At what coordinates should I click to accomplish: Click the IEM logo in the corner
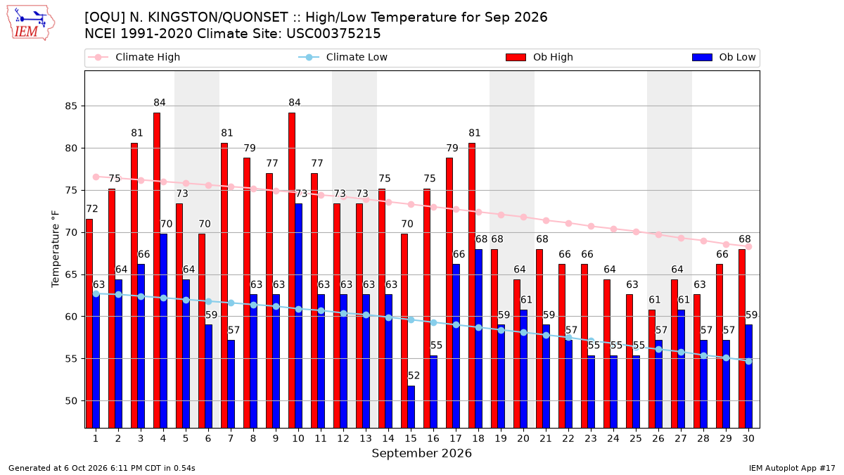30,23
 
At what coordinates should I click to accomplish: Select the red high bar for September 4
157,270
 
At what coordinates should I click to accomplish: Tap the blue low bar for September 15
411,407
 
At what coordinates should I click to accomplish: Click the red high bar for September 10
292,270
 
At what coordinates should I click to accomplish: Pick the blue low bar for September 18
478,338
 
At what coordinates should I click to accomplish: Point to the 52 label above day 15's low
414,376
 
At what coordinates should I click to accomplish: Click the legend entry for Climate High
134,57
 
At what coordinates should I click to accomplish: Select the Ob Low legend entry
724,57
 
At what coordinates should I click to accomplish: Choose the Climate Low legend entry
343,57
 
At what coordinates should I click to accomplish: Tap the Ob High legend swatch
516,57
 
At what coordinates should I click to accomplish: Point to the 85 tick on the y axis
71,106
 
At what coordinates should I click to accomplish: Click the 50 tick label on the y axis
71,400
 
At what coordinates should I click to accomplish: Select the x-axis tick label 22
568,438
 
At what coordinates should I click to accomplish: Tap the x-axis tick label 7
231,438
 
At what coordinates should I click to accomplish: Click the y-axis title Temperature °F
56,249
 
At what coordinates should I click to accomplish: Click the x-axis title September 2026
421,453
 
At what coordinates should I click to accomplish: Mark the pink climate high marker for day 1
96,177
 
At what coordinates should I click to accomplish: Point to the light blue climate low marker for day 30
748,361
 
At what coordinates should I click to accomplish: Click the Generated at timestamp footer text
102,468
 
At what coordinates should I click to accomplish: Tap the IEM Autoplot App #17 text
792,468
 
